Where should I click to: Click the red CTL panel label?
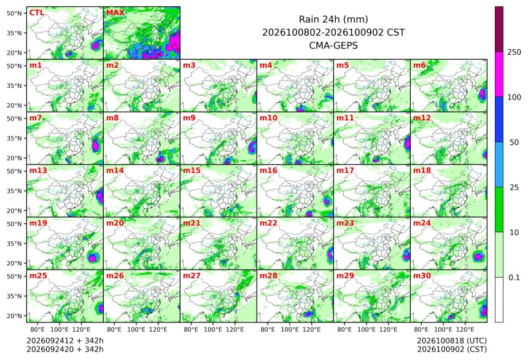pos(37,13)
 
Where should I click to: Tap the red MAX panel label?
pos(115,13)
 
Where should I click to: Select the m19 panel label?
pos(39,223)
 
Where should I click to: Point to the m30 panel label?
pos(422,276)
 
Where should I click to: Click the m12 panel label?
pos(422,118)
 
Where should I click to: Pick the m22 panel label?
pos(268,223)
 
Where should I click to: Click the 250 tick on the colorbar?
pos(514,52)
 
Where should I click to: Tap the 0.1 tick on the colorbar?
pos(514,278)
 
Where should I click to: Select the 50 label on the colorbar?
pos(514,143)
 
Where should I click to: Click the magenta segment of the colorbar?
pos(499,74)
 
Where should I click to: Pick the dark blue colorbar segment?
pos(499,119)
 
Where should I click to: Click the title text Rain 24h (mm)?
pos(333,20)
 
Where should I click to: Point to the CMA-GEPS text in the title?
pos(333,45)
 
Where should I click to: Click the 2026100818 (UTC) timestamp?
pos(452,341)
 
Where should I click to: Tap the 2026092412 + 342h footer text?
pos(65,341)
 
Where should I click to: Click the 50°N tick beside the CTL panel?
pos(14,13)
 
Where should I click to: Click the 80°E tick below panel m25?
pos(37,329)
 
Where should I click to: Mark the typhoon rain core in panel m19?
pos(93,258)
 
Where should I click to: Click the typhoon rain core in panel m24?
pos(478,257)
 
